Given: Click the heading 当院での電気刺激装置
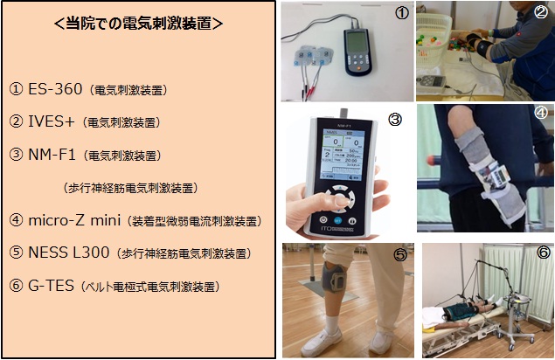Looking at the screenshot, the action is tap(139, 24).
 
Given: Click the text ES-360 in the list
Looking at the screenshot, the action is tap(55, 89).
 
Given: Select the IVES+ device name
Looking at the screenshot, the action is tap(52, 121).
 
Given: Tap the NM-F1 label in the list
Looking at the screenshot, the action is tap(52, 155).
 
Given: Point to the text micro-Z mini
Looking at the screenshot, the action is tap(74, 220).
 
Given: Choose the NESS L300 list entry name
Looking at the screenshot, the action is tap(69, 253).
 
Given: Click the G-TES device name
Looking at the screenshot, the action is tap(51, 286).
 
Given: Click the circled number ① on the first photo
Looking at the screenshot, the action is tap(402, 13).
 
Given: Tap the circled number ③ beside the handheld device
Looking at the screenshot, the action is tap(395, 120).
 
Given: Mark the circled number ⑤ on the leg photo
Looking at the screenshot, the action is tap(400, 254).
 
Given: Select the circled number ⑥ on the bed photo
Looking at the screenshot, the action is tap(544, 253).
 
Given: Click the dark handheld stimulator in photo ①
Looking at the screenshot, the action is tap(357, 52).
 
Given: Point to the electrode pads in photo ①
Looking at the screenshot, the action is tap(313, 57).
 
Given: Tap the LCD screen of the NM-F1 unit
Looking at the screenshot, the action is tap(343, 155).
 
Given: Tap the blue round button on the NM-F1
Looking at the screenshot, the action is tap(338, 220).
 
